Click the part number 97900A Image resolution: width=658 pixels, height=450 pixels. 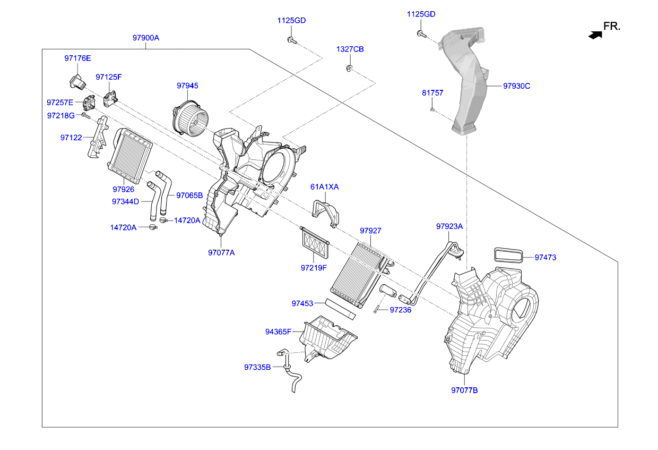pyautogui.click(x=145, y=38)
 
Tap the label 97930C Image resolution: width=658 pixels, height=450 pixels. pyautogui.click(x=516, y=86)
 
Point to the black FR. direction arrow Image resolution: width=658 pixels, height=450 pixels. pyautogui.click(x=595, y=35)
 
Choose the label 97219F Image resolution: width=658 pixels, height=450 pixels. pyautogui.click(x=314, y=268)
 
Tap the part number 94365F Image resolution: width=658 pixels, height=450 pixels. pyautogui.click(x=278, y=332)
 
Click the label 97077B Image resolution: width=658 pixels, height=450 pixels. pyautogui.click(x=464, y=390)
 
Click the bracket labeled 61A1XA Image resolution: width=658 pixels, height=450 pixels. pyautogui.click(x=325, y=211)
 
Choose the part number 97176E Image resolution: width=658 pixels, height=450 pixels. pyautogui.click(x=77, y=58)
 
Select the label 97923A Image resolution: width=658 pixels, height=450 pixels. pyautogui.click(x=449, y=226)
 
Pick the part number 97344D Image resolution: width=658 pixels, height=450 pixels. pyautogui.click(x=125, y=201)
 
